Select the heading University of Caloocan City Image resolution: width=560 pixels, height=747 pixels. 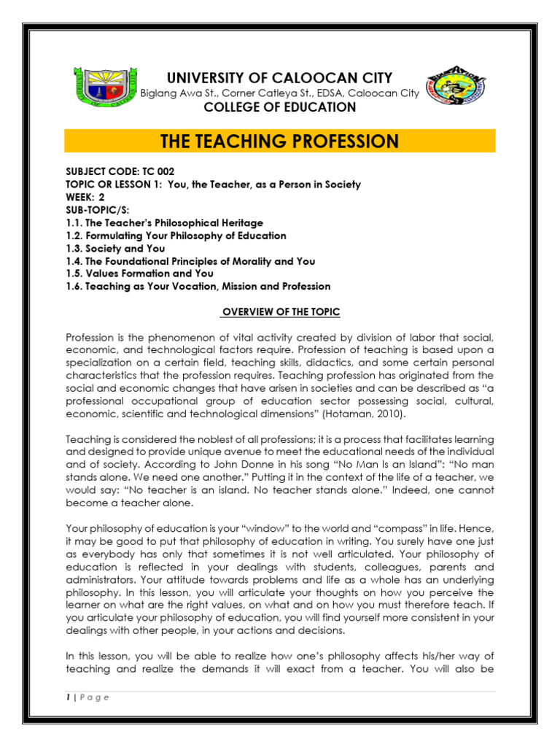pyautogui.click(x=280, y=78)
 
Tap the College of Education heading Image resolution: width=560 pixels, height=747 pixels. pyautogui.click(x=280, y=107)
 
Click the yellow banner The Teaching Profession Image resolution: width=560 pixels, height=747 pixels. pyautogui.click(x=280, y=141)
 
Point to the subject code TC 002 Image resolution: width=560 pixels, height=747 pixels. pyautogui.click(x=120, y=172)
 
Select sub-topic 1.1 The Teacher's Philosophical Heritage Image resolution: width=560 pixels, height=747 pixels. pyautogui.click(x=164, y=223)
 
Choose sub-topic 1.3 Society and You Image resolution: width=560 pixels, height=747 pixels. pyautogui.click(x=115, y=249)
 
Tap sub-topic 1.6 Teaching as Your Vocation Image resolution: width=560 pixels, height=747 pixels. pyautogui.click(x=198, y=287)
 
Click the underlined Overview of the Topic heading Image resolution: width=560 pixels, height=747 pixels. pyautogui.click(x=281, y=312)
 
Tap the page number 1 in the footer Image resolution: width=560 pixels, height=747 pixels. pyautogui.click(x=67, y=697)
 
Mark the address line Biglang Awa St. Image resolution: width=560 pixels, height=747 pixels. pyautogui.click(x=280, y=93)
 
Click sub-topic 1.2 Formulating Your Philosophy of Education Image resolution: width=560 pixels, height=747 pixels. pyautogui.click(x=176, y=236)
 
